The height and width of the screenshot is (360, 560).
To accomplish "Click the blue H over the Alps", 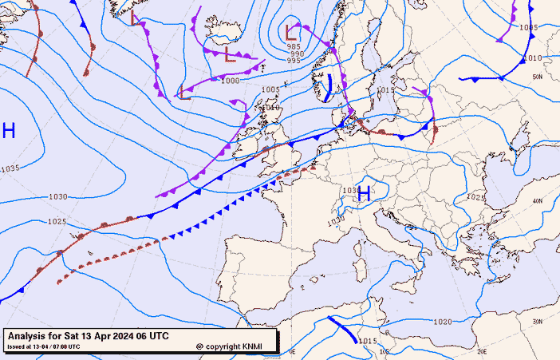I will [364, 193].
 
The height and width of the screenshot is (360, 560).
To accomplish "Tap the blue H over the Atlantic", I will [9, 131].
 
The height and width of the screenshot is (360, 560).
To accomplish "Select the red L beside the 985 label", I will [291, 33].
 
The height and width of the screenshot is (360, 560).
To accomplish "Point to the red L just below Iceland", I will [230, 55].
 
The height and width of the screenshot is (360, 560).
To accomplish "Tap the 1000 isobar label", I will [230, 80].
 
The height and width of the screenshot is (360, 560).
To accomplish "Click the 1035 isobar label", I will [10, 168].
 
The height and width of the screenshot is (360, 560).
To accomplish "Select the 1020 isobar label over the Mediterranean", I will [443, 322].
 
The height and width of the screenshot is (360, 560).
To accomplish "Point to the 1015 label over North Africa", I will [368, 341].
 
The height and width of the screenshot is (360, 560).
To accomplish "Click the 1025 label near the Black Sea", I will [475, 196].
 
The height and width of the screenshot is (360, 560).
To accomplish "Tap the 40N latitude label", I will [538, 201].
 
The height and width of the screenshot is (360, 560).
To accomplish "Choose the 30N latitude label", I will [538, 321].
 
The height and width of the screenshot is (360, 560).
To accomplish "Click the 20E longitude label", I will [481, 350].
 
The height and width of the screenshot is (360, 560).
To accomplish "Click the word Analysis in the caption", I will [31, 335].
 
